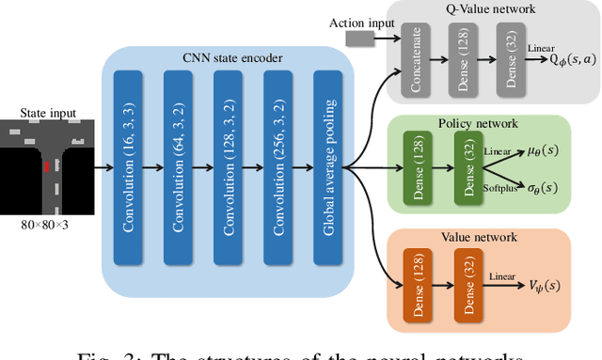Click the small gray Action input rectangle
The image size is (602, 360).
pos(359,39)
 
